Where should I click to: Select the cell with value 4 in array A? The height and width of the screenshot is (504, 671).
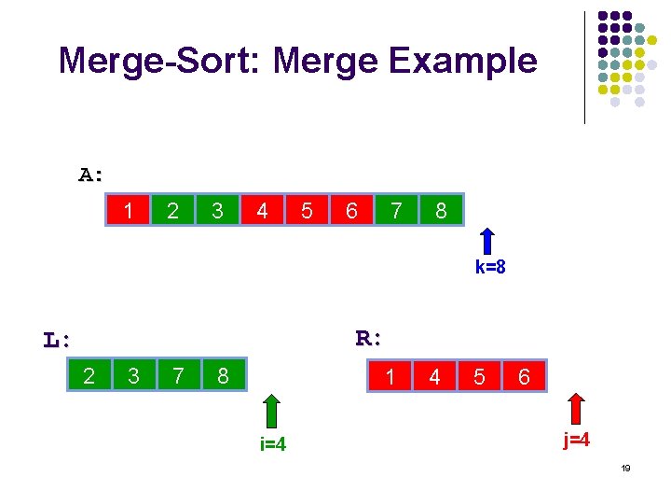[x=262, y=211]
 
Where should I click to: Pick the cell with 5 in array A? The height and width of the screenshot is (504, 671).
[x=307, y=211]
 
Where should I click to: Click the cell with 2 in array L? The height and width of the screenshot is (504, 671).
[x=89, y=375]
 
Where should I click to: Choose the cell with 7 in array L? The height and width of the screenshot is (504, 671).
[x=178, y=375]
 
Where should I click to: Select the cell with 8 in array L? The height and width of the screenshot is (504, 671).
[x=223, y=375]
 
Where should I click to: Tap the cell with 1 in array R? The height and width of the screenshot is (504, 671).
[x=390, y=376]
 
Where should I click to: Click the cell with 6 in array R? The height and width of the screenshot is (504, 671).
[x=525, y=376]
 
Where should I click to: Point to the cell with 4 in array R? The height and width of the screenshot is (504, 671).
[x=435, y=376]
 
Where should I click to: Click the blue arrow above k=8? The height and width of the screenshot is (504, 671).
[x=488, y=241]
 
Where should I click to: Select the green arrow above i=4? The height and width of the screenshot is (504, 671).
[x=271, y=411]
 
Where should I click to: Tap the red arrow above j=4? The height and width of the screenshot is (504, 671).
[x=576, y=411]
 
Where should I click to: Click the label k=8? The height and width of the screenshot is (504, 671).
[x=490, y=268]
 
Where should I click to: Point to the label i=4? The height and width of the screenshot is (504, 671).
[x=272, y=444]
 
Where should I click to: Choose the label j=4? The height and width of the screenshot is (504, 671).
[x=576, y=440]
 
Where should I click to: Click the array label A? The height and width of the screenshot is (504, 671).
[x=91, y=175]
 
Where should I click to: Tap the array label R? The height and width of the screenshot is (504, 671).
[x=370, y=338]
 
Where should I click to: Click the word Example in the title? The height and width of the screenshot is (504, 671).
[x=463, y=62]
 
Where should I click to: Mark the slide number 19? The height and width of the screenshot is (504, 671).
[x=625, y=469]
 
